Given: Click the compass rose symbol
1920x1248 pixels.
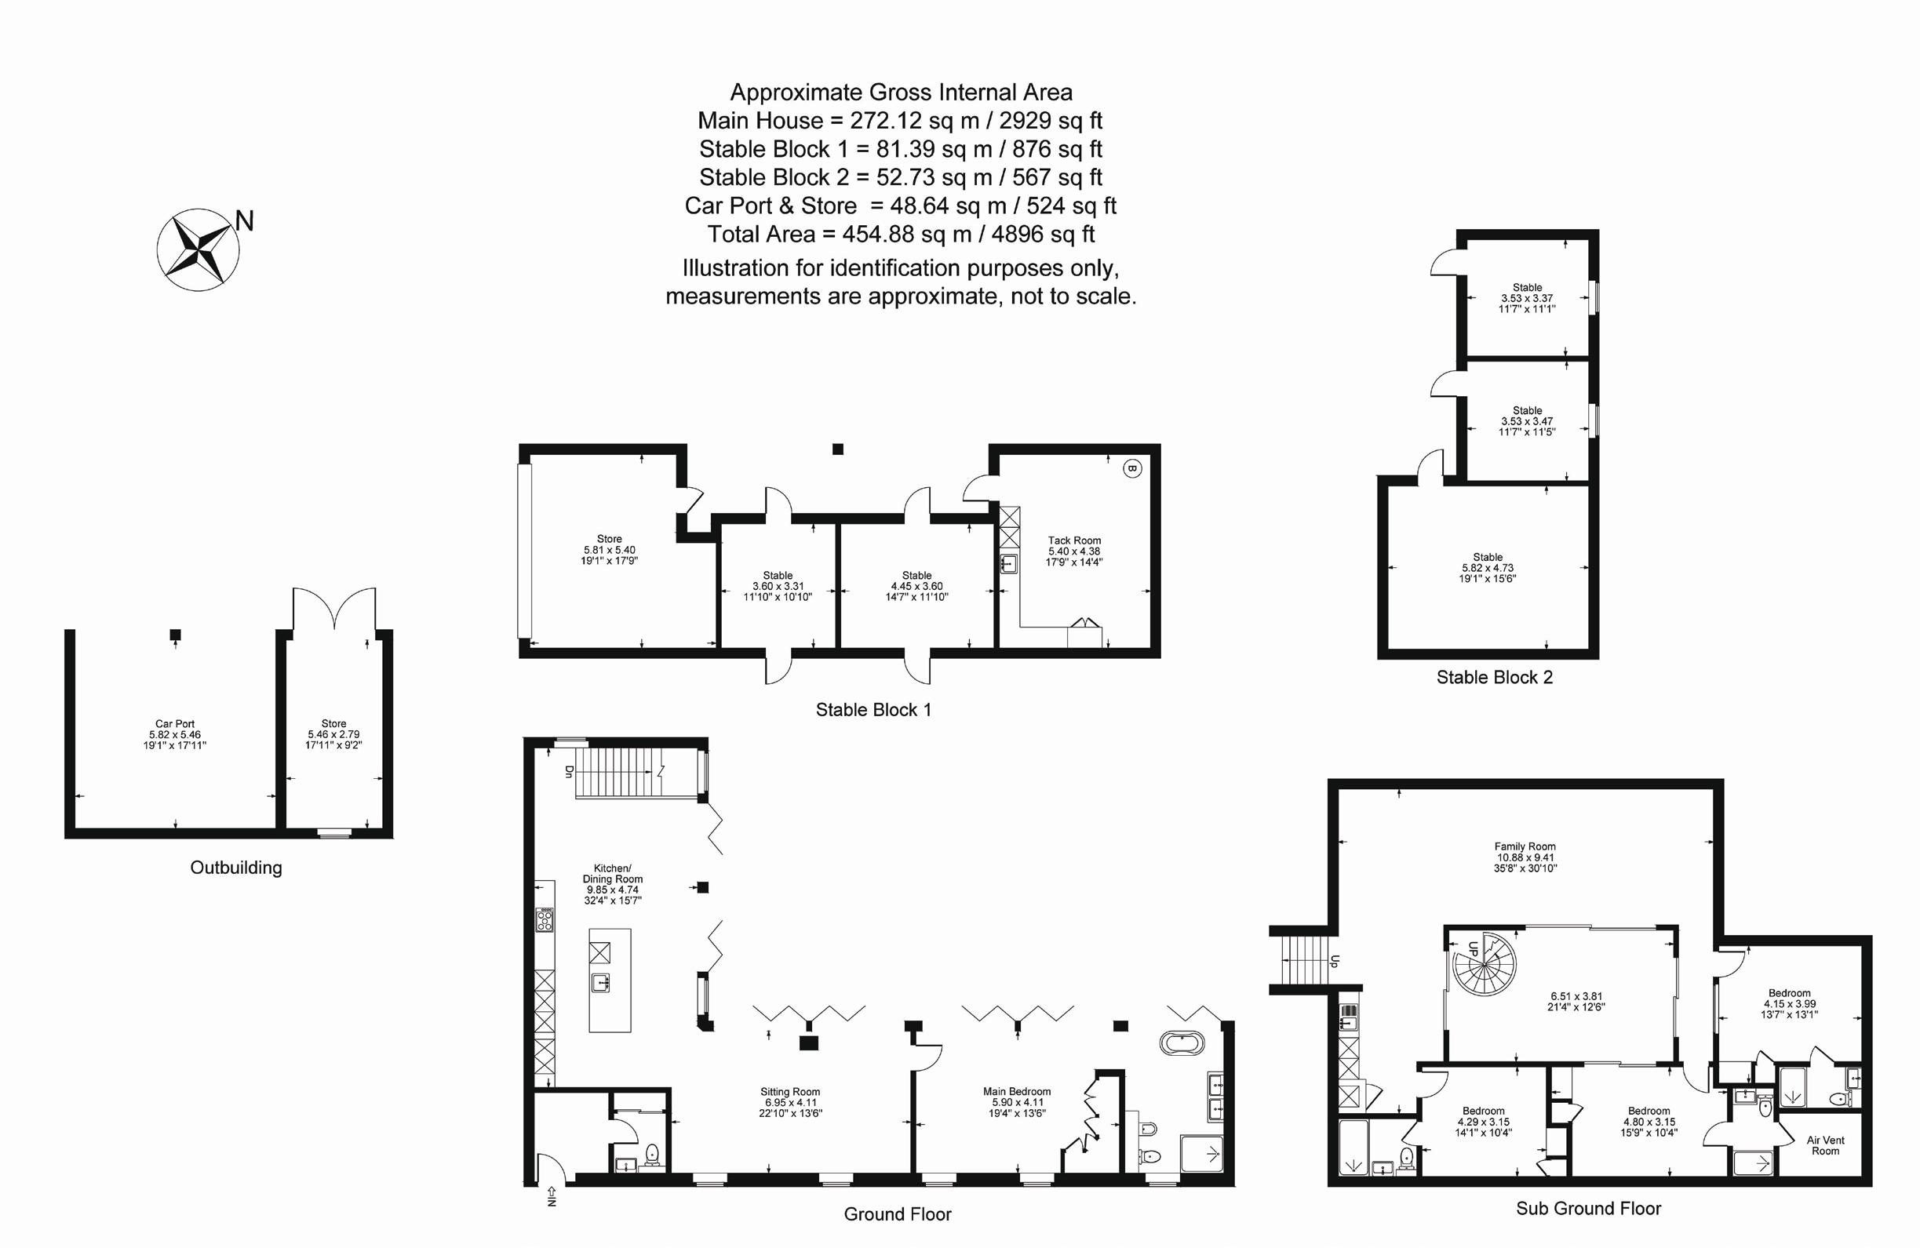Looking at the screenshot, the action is [x=198, y=249].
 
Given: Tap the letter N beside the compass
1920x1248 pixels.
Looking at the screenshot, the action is [x=245, y=221].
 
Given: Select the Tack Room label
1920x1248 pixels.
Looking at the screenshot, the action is [x=1074, y=540].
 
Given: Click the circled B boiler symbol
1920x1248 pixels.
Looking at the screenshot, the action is [x=1131, y=468].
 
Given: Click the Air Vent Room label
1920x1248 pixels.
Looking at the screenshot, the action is [x=1826, y=1145].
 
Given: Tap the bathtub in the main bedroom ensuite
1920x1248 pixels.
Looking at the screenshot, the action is [x=1182, y=1043].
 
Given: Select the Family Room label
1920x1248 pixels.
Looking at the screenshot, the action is [x=1525, y=846].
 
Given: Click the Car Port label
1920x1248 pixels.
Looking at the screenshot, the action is [x=175, y=724].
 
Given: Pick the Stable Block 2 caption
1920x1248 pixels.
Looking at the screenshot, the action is [x=1494, y=678].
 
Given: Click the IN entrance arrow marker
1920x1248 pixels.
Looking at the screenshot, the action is [x=552, y=1195].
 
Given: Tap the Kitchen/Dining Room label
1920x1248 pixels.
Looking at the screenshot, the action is [x=613, y=874].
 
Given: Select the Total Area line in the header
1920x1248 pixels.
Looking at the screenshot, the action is [x=900, y=234].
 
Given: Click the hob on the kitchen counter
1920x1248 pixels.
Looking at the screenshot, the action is [x=545, y=919].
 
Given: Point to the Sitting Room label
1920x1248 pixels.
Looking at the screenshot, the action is [x=790, y=1091].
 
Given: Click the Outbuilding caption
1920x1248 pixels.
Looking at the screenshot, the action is [x=235, y=868].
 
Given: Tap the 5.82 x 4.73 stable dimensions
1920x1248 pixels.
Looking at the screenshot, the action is [x=1488, y=568].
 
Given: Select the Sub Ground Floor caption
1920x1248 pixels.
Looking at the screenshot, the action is [x=1588, y=1208].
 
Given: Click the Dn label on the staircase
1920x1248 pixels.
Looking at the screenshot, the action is [x=568, y=771].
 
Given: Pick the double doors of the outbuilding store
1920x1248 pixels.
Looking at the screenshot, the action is [x=334, y=609].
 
